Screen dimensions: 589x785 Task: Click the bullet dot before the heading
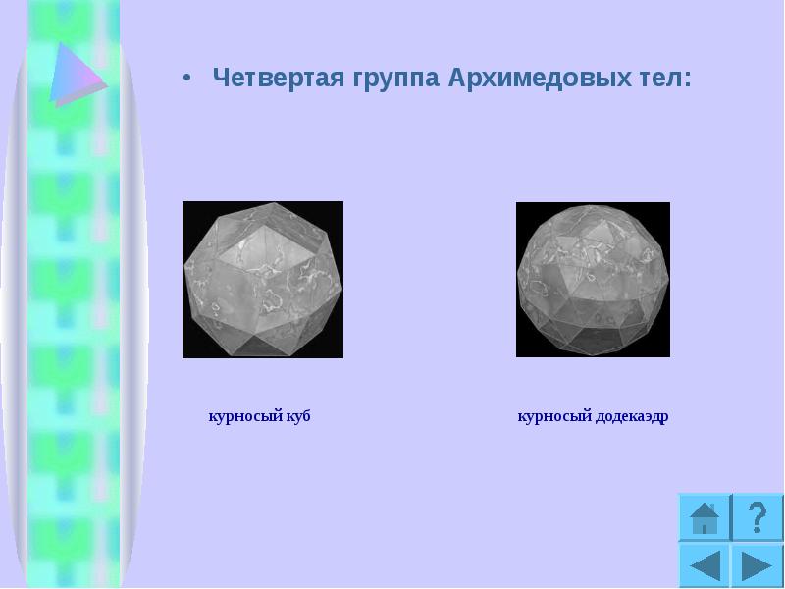click(x=187, y=80)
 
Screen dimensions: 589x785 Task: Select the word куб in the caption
click(x=299, y=416)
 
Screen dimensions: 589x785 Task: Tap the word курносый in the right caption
click(x=552, y=416)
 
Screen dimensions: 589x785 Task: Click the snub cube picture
click(x=263, y=279)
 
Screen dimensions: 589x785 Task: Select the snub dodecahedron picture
click(x=593, y=279)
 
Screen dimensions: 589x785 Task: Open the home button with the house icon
click(x=705, y=517)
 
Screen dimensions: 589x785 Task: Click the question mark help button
click(x=757, y=517)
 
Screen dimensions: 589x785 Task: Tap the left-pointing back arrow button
click(x=705, y=567)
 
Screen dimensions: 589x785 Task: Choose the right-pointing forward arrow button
click(x=757, y=567)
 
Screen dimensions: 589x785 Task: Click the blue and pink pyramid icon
click(x=74, y=74)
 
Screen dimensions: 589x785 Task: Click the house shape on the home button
click(x=705, y=517)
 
